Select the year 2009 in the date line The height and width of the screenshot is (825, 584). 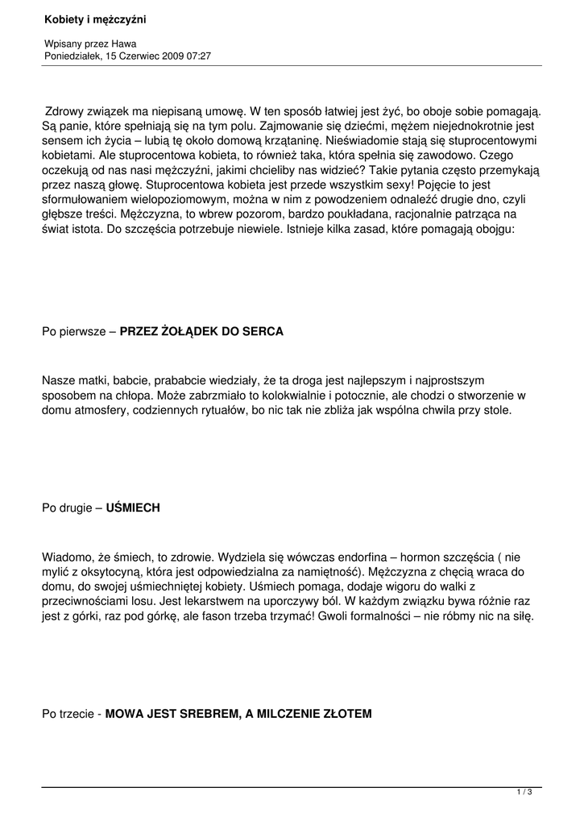(x=171, y=56)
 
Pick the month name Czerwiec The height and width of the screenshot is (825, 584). (x=138, y=56)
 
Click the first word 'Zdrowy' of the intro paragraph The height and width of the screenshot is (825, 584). (x=65, y=110)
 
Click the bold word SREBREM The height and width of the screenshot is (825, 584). (x=210, y=714)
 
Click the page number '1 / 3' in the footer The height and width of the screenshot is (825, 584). (x=524, y=793)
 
